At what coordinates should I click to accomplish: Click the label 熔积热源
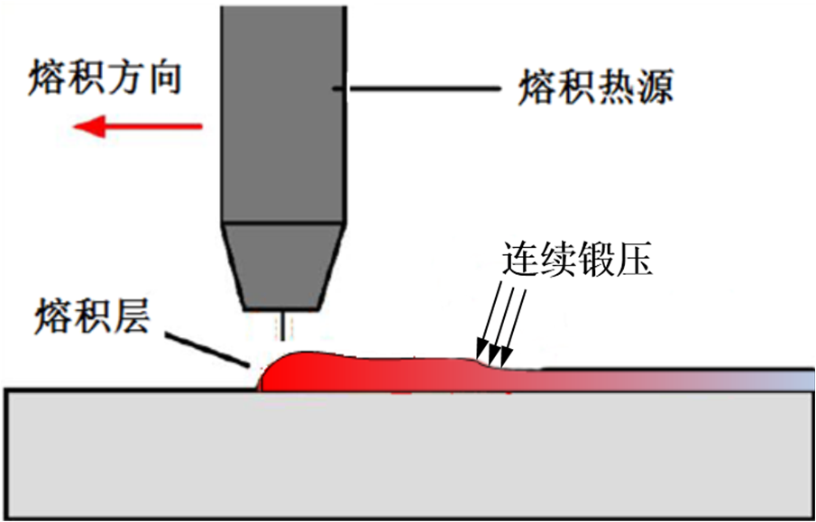pos(595,88)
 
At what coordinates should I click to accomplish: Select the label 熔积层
pos(91,318)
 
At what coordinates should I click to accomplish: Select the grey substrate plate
pos(406,451)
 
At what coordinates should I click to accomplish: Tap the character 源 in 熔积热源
pos(654,88)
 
